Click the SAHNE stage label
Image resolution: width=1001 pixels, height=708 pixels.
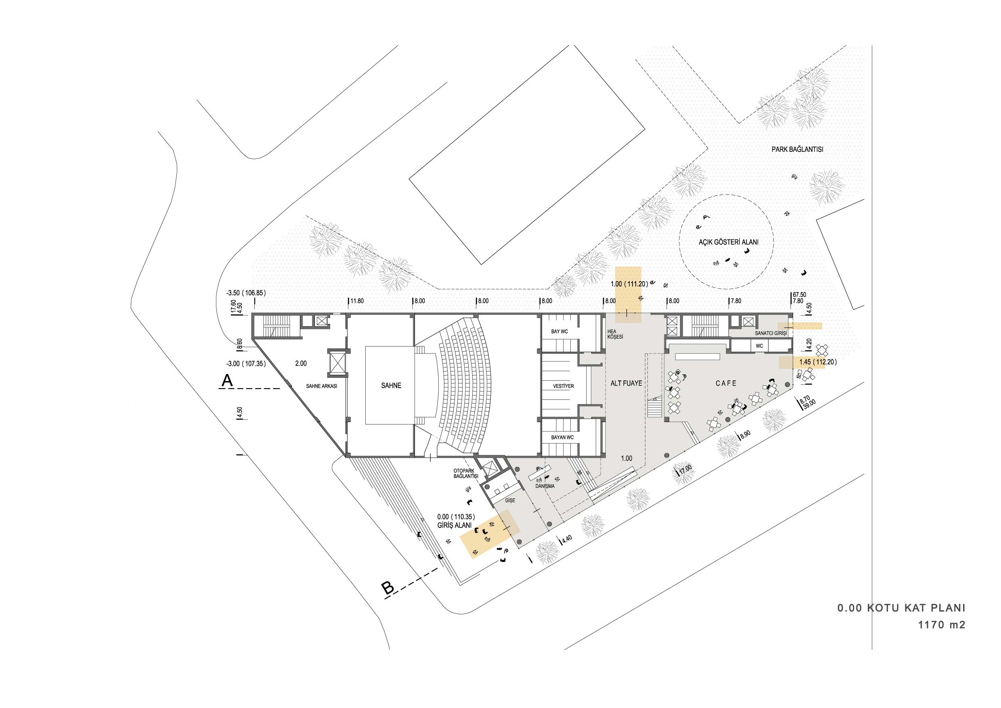pos(391,386)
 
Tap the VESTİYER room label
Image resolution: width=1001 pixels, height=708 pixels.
pos(563,386)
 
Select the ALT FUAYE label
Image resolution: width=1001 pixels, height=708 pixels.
pos(626,383)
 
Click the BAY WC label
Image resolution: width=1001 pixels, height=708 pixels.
pos(559,332)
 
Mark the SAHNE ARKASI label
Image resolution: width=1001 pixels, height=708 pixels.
pos(322,386)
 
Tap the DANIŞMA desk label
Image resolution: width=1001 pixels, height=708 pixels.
pos(545,486)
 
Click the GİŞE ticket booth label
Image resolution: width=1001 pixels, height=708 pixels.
pos(510,500)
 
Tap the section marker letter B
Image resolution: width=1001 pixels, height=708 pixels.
pos(387,588)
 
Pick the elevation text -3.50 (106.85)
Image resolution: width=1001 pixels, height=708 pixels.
pos(246,293)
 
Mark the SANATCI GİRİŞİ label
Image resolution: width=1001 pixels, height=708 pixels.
pos(771,333)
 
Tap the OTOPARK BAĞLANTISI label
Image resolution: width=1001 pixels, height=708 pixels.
pos(466,473)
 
